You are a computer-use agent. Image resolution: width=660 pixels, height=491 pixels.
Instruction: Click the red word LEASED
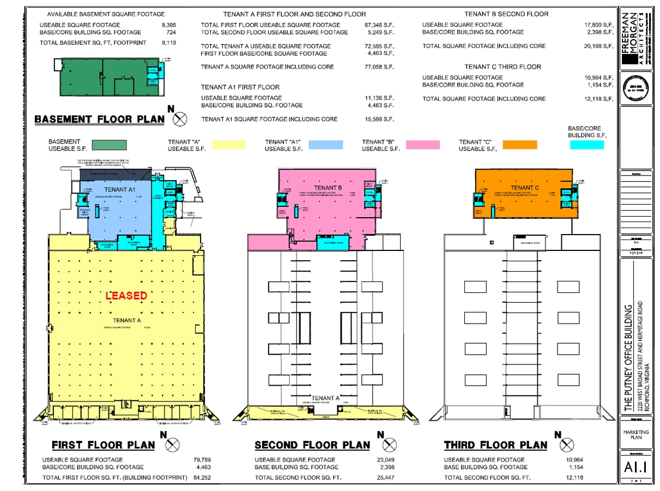[x=126, y=296]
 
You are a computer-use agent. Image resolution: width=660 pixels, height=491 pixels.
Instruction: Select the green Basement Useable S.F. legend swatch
[x=109, y=145]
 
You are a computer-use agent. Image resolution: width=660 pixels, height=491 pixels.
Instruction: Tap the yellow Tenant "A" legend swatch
[x=228, y=145]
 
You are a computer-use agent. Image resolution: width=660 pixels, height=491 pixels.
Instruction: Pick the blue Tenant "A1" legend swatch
[x=326, y=145]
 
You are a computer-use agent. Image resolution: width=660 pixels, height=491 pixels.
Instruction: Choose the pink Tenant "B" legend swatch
[x=422, y=145]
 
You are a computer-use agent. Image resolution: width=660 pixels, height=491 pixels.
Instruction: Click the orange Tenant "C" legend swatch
[x=519, y=145]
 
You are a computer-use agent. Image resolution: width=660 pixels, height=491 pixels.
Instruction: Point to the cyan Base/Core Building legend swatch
[x=586, y=145]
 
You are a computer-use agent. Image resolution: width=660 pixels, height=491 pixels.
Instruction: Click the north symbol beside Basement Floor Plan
[x=180, y=118]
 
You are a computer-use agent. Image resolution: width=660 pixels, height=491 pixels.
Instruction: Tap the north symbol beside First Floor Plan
[x=172, y=444]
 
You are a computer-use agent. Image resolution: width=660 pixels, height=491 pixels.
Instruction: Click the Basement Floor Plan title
[x=99, y=119]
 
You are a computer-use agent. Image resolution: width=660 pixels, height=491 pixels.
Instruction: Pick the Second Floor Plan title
[x=312, y=445]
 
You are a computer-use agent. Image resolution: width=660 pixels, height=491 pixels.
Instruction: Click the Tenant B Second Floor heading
[x=506, y=14]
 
